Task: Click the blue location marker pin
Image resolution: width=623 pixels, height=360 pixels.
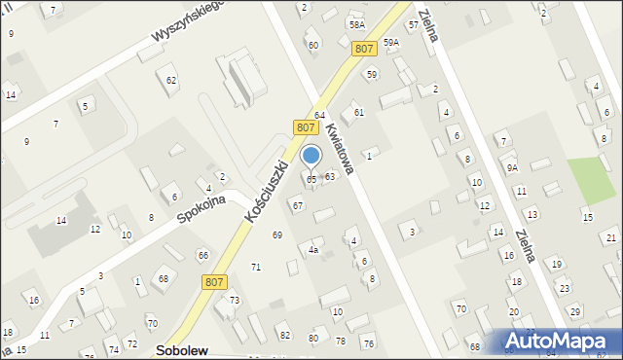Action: pos(311,156)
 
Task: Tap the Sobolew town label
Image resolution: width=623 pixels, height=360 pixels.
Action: pos(182,350)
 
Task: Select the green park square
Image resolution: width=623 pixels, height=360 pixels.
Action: pos(590,179)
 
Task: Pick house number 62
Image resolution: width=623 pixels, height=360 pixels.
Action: pos(172,80)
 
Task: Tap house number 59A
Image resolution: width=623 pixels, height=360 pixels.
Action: pos(391,43)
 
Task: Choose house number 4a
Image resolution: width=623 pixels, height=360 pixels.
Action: pos(313,250)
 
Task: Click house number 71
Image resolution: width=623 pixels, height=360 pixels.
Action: pos(256,267)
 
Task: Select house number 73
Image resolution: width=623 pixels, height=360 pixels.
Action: pos(235,301)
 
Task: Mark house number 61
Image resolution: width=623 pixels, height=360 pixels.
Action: pos(359,113)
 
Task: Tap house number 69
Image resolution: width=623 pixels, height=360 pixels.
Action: pos(277,235)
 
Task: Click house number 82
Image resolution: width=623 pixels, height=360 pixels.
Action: pos(285,336)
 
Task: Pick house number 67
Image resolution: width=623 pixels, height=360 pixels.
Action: pos(298,206)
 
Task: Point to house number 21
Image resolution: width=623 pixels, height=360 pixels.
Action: pos(610,236)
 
